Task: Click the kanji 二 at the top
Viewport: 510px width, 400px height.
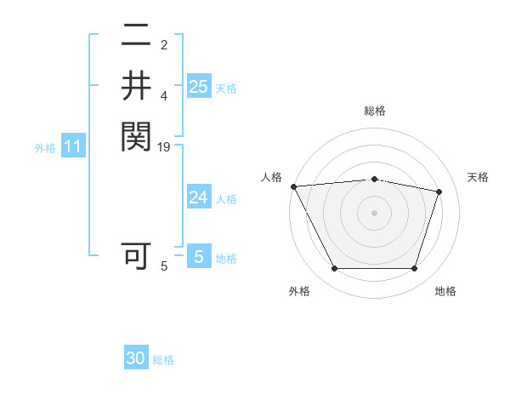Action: (136, 36)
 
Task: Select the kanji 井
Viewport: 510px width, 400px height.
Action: (136, 85)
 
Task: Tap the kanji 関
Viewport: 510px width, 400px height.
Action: (136, 135)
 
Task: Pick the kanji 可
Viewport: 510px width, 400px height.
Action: (136, 255)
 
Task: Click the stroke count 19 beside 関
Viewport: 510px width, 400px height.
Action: (164, 147)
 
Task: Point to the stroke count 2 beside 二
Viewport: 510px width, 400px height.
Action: (164, 45)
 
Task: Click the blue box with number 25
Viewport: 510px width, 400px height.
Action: (198, 86)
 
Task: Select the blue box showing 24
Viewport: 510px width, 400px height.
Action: (198, 197)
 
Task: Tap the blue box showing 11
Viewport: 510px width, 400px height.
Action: (73, 147)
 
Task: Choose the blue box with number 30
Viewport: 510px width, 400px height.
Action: (136, 358)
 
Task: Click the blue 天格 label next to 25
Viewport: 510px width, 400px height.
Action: (226, 89)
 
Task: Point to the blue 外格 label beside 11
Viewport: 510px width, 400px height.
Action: (45, 148)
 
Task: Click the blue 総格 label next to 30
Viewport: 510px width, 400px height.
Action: (163, 360)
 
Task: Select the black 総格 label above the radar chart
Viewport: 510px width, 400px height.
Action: (374, 111)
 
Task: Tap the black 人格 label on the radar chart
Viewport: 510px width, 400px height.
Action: (271, 176)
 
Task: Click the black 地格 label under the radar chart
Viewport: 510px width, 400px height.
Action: (445, 291)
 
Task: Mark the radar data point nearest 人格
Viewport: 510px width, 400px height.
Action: (293, 186)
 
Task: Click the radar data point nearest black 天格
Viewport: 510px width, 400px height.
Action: (439, 191)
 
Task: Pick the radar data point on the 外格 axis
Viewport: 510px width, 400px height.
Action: (334, 269)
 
